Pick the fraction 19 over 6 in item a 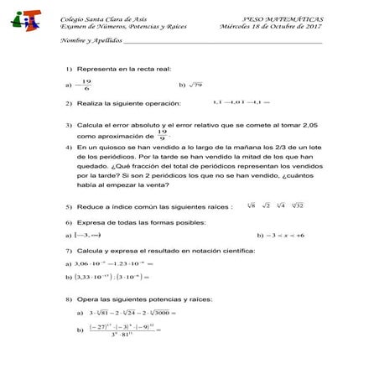pos(86,85)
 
